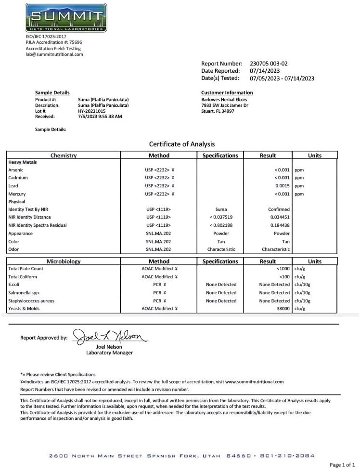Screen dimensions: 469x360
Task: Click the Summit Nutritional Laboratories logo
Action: (66, 18)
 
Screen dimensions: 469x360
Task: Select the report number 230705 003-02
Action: (269, 64)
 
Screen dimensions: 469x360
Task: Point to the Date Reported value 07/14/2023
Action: (265, 71)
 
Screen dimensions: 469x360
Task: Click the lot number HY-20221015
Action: (91, 111)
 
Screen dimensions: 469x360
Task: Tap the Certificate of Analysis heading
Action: (182, 144)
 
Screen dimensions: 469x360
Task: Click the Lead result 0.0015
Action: (283, 186)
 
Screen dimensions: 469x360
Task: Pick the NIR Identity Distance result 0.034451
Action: (279, 218)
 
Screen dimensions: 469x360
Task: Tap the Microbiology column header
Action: (64, 261)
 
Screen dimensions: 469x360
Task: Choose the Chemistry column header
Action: (64, 156)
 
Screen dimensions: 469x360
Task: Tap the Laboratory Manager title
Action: (109, 353)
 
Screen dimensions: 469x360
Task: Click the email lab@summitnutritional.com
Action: (54, 54)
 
